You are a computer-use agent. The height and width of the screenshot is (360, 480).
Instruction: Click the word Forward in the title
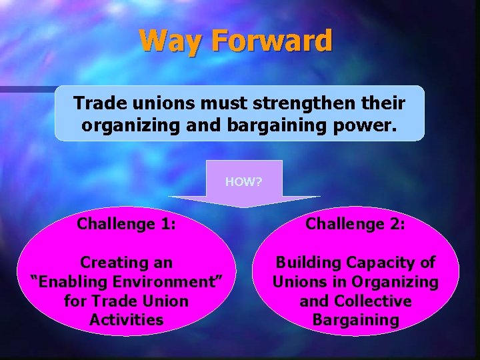tap(272, 41)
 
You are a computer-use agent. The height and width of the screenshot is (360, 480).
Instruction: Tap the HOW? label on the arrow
tap(243, 181)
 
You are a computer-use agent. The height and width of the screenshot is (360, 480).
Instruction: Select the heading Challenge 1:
tap(127, 224)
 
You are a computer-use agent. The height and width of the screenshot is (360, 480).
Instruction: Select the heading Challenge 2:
tap(355, 224)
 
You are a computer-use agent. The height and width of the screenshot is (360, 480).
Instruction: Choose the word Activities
tap(127, 320)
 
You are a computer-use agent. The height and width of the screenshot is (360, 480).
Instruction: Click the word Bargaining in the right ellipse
tap(355, 320)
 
